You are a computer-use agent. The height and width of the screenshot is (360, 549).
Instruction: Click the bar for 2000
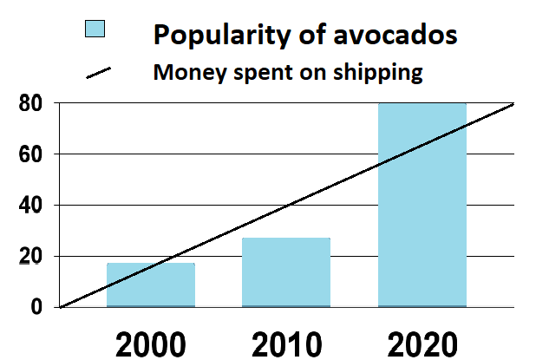(x=151, y=285)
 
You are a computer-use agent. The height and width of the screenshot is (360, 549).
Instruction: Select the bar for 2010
(x=285, y=272)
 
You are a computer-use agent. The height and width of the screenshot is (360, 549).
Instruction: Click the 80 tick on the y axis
(x=31, y=104)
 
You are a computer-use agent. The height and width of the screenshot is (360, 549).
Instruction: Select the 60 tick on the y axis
(x=31, y=155)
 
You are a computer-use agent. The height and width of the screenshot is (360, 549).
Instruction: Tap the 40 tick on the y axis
(x=31, y=206)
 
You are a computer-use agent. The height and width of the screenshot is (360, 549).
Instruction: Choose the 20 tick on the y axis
(x=31, y=257)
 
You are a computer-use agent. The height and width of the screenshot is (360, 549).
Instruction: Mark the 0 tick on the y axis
(x=38, y=307)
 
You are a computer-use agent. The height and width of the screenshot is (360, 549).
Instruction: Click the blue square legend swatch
(x=95, y=29)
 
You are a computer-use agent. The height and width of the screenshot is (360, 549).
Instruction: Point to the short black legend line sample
(x=101, y=73)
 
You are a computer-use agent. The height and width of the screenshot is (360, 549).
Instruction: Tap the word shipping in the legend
(x=382, y=73)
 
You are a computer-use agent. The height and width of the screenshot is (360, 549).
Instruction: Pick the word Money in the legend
(x=186, y=72)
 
